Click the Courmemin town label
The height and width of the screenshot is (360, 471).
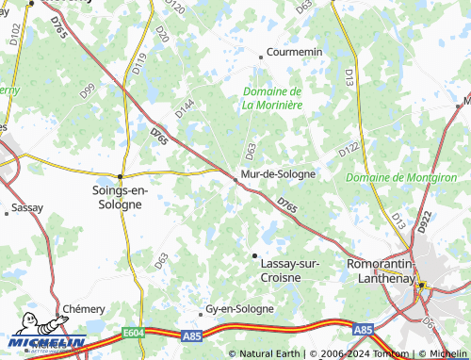coord(295,52)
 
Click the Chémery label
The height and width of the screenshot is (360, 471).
coord(84,309)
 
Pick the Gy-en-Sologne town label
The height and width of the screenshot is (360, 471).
coord(240,308)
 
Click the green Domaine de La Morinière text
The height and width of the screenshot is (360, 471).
coord(272,98)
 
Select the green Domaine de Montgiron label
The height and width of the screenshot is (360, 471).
coord(401,177)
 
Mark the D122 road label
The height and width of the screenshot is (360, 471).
coord(349,150)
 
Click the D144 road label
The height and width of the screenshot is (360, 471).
coord(184,108)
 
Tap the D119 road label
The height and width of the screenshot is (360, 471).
coord(140,64)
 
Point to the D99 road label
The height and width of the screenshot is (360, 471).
coord(88,91)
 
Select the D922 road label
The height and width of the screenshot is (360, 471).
coord(425,222)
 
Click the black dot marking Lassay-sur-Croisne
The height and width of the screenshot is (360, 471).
coord(253,255)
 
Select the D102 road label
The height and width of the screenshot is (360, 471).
coord(13,35)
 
